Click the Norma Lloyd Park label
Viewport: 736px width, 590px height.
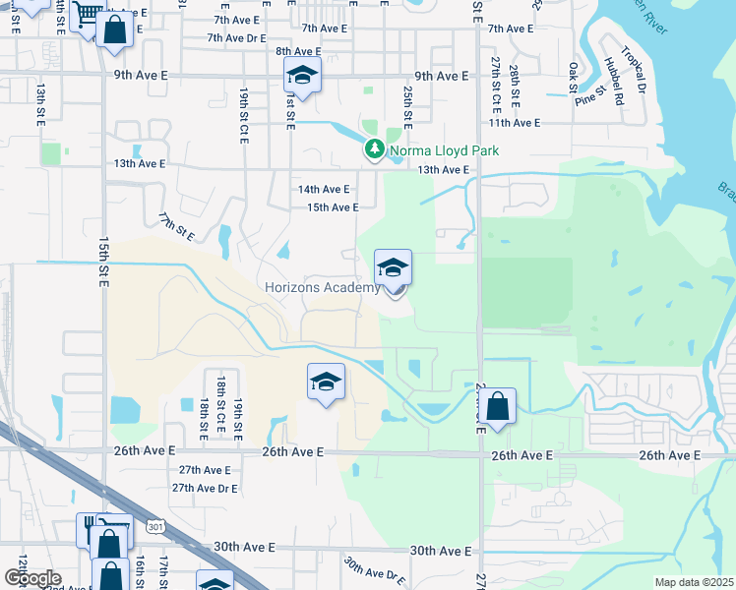pyautogui.click(x=444, y=150)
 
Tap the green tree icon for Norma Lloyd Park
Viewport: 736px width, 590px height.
pyautogui.click(x=374, y=150)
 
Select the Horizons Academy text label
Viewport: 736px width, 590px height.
pyautogui.click(x=321, y=287)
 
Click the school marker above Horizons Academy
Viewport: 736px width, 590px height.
pyautogui.click(x=393, y=269)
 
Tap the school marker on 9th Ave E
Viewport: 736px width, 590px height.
pyautogui.click(x=302, y=77)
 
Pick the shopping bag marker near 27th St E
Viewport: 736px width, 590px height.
pyautogui.click(x=498, y=407)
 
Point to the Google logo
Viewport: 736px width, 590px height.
pyautogui.click(x=31, y=577)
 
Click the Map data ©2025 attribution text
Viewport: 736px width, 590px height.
pyautogui.click(x=695, y=582)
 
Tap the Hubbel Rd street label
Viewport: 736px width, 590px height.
pyautogui.click(x=616, y=80)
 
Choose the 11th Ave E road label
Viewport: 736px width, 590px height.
pyautogui.click(x=515, y=123)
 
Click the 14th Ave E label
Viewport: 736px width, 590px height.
pyautogui.click(x=324, y=189)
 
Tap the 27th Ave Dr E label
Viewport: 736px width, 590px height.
pyautogui.click(x=207, y=488)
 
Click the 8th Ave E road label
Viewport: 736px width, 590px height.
pyautogui.click(x=298, y=51)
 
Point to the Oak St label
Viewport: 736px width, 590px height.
pyautogui.click(x=574, y=76)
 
